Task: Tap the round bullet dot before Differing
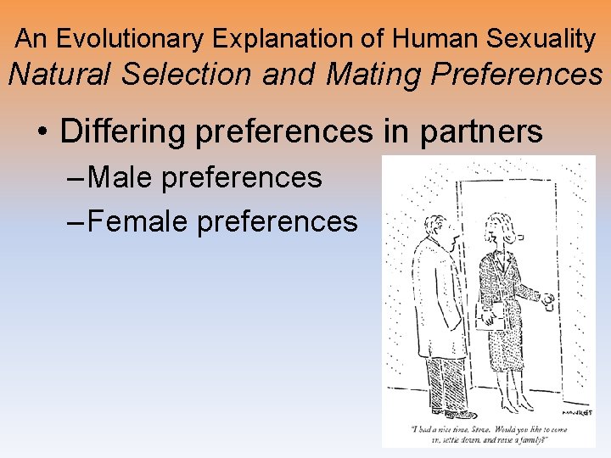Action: pos(42,133)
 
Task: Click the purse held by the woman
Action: pos(490,321)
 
